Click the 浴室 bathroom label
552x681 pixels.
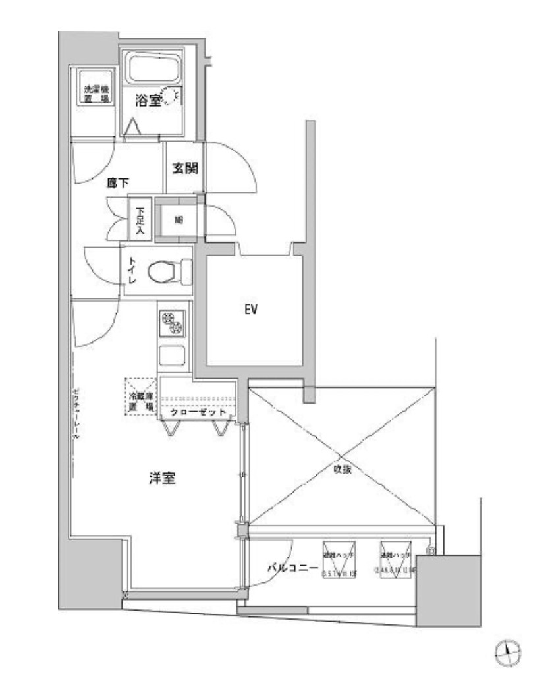click(x=148, y=100)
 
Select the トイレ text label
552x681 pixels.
click(x=132, y=270)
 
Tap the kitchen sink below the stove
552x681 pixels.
click(x=173, y=356)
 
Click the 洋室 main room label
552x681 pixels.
click(x=161, y=479)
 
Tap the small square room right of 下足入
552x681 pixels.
click(x=179, y=220)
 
